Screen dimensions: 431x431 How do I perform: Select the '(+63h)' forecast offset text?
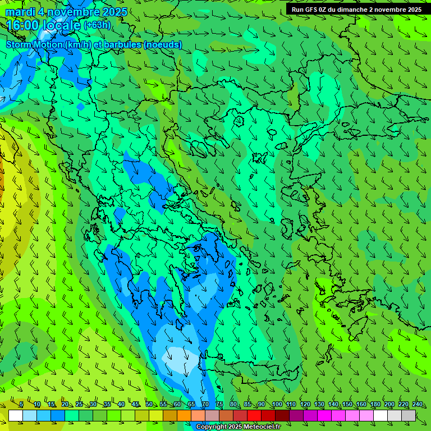pos(97,25)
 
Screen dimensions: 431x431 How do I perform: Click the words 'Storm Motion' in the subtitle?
pos(34,44)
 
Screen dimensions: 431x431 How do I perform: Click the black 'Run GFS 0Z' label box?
pos(356,10)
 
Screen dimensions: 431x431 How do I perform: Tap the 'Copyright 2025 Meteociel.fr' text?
pos(239,427)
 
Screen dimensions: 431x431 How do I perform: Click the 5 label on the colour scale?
pos(21,405)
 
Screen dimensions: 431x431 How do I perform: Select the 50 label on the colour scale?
pos(149,405)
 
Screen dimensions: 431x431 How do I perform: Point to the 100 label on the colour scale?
pos(277,405)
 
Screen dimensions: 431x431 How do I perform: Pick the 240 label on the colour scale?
pos(418,405)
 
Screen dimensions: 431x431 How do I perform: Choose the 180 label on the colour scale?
pos(375,405)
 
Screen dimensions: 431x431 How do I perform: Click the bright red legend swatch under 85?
pos(254,415)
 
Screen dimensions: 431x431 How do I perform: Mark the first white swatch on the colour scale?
pos(16,415)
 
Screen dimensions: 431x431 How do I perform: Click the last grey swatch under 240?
pos(409,415)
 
